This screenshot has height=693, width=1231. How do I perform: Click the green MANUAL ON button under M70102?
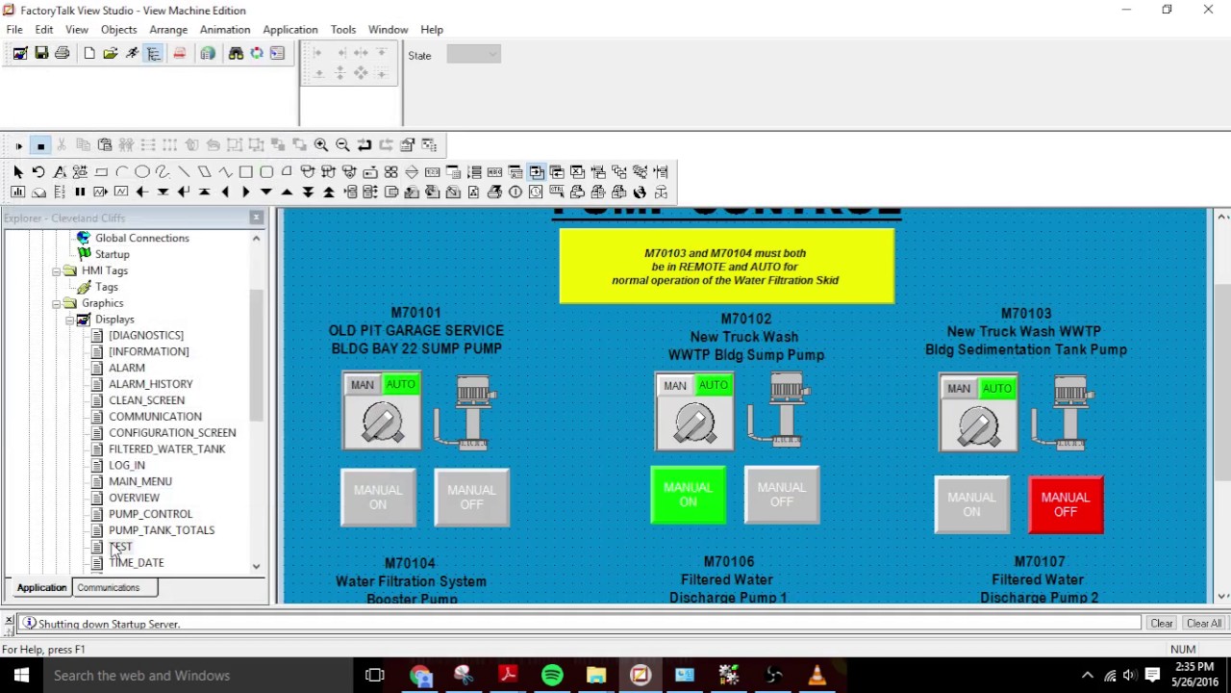[x=688, y=495]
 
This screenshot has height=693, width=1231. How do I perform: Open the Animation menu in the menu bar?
[x=224, y=30]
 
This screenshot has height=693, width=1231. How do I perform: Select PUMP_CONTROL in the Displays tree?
[x=150, y=514]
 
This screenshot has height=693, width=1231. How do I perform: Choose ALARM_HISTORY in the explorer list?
[x=150, y=384]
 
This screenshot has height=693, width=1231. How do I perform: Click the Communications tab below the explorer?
[x=108, y=587]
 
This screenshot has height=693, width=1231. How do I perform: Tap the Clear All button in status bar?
[x=1203, y=624]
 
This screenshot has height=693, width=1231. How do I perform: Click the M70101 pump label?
[x=415, y=313]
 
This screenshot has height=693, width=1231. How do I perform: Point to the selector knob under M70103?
[x=978, y=423]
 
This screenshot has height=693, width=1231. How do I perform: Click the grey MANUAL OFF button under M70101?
[x=471, y=497]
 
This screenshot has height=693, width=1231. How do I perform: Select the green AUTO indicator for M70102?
[x=714, y=385]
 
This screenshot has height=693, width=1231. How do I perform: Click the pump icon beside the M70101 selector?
[x=468, y=413]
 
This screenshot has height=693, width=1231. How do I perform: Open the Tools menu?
[x=342, y=30]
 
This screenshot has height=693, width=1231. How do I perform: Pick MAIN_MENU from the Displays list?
[x=139, y=481]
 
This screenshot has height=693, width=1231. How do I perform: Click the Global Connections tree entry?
[x=141, y=238]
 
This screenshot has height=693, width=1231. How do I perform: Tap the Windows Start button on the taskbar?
[x=21, y=676]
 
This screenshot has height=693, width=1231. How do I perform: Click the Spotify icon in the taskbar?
[x=552, y=676]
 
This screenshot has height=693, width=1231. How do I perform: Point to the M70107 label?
[x=1038, y=561]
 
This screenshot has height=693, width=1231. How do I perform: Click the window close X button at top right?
[x=1208, y=10]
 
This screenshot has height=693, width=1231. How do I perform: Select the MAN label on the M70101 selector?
[x=363, y=385]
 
